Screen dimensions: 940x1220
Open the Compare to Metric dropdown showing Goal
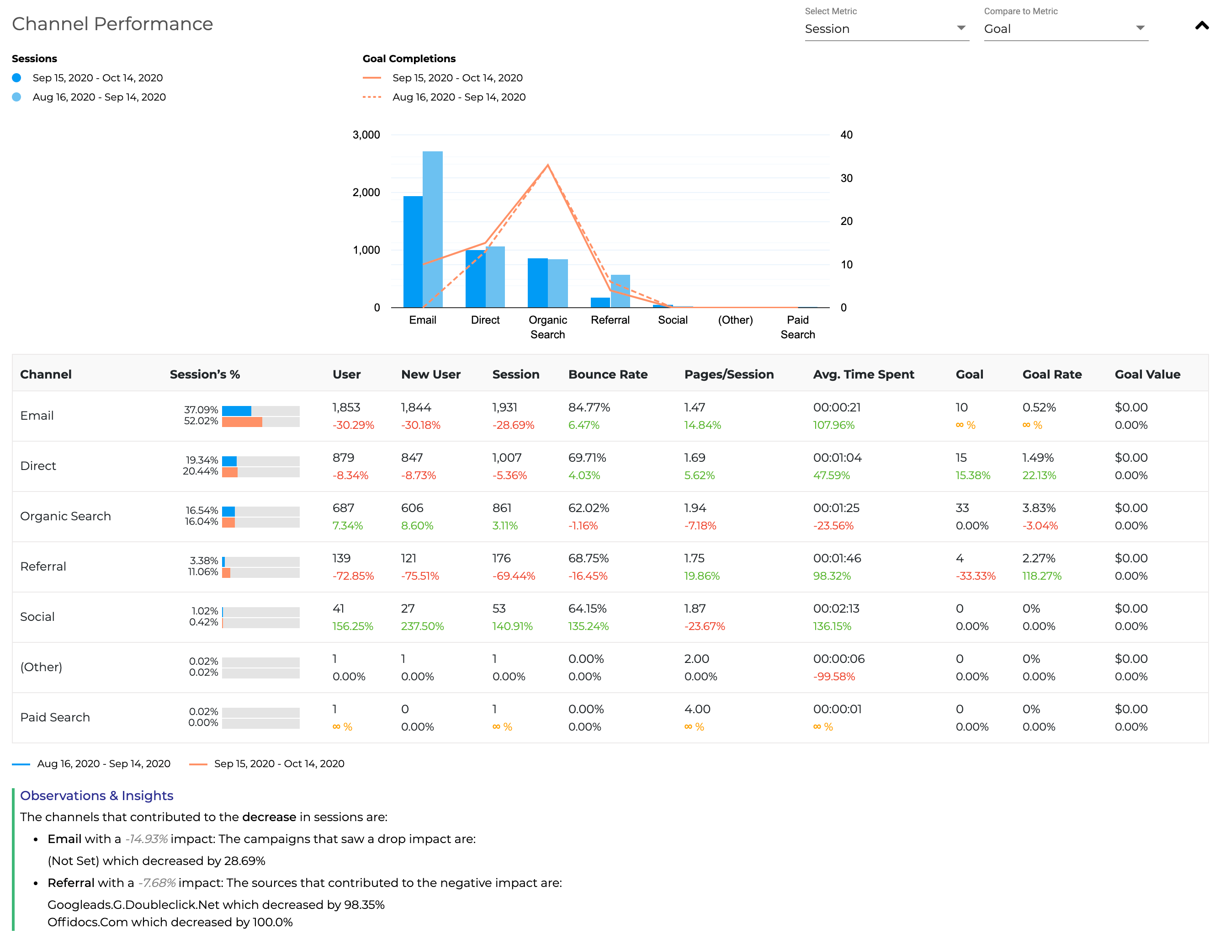pyautogui.click(x=1065, y=29)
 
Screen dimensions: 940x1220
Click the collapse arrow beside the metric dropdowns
pyautogui.click(x=1202, y=26)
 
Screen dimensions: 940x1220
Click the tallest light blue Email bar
pyautogui.click(x=432, y=229)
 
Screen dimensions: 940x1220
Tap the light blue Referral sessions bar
pyautogui.click(x=620, y=291)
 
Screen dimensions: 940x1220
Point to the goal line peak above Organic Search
pyautogui.click(x=547, y=166)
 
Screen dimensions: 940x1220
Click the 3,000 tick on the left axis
pyautogui.click(x=366, y=135)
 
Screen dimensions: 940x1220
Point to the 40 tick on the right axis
pyautogui.click(x=846, y=135)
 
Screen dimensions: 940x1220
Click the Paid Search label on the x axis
pyautogui.click(x=797, y=327)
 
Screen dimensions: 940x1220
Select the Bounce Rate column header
pyautogui.click(x=608, y=374)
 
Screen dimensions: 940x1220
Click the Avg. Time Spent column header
pyautogui.click(x=863, y=374)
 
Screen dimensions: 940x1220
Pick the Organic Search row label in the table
pyautogui.click(x=65, y=516)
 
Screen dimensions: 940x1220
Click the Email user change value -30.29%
pyautogui.click(x=353, y=425)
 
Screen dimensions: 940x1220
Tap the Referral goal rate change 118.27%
pyautogui.click(x=1041, y=576)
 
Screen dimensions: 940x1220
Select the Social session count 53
pyautogui.click(x=499, y=609)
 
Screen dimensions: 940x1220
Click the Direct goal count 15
pyautogui.click(x=961, y=458)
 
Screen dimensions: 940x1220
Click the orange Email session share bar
pyautogui.click(x=242, y=422)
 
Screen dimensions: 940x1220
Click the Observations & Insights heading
pyautogui.click(x=96, y=795)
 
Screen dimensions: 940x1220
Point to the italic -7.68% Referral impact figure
pyautogui.click(x=156, y=883)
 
